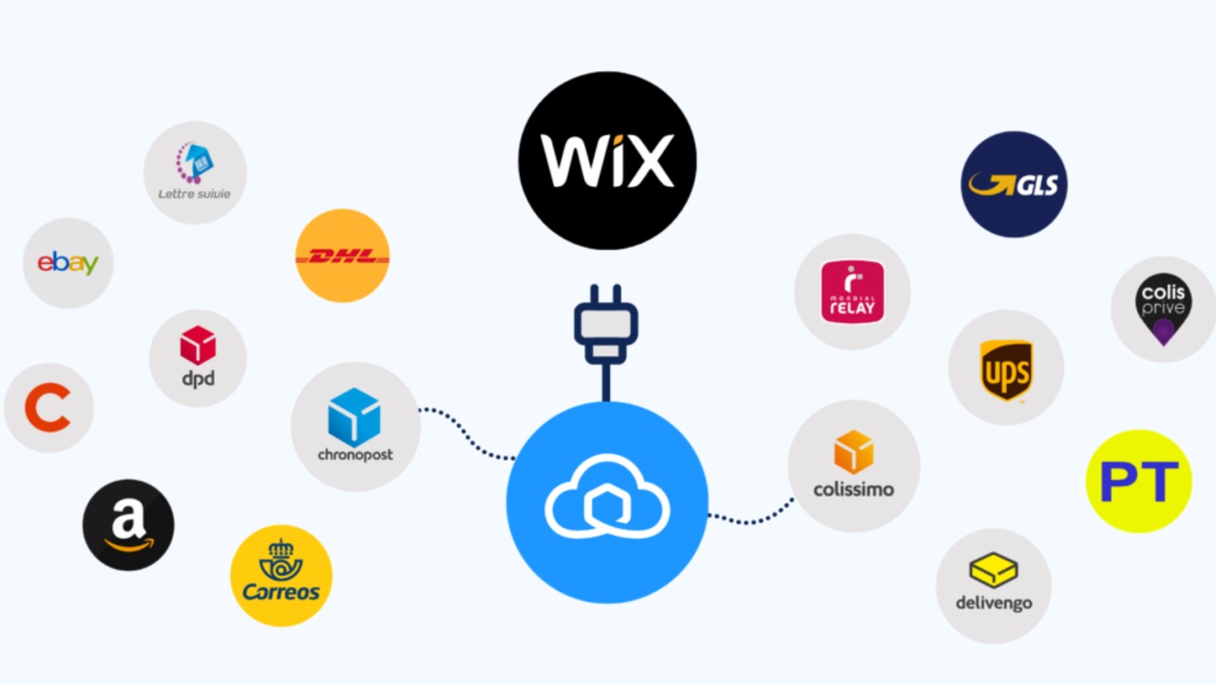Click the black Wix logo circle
607,161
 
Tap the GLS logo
1014,184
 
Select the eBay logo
67,263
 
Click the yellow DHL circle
342,256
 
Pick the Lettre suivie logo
195,172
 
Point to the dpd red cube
198,345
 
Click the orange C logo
47,408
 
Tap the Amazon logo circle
128,524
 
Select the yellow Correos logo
281,576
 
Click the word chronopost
355,454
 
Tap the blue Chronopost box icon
354,416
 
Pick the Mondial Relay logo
852,292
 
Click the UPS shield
1006,370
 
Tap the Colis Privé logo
1163,310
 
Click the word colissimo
853,490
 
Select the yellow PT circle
1138,482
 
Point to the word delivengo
994,602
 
